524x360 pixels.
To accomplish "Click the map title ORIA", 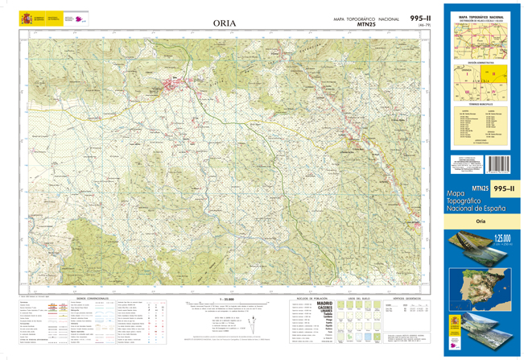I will [225, 23].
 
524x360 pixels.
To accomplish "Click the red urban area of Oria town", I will [192, 81].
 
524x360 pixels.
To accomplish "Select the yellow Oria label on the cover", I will [481, 221].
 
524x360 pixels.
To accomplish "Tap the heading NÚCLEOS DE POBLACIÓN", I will [310, 297].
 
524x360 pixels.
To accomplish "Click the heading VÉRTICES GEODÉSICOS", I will [406, 297].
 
